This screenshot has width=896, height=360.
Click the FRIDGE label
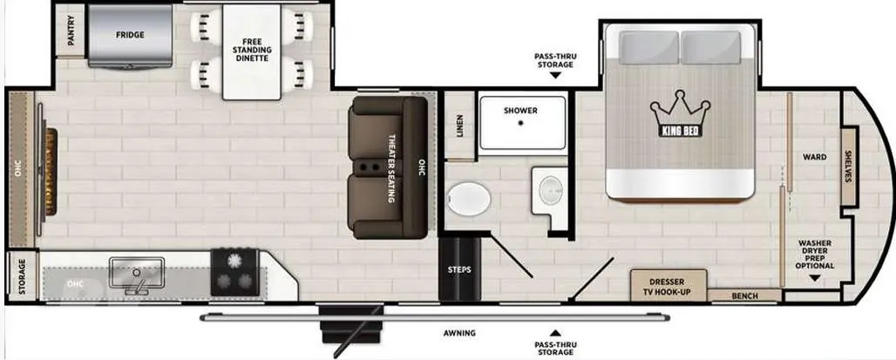(x=130, y=35)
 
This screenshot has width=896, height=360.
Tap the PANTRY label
(x=71, y=31)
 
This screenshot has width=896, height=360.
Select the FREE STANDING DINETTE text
(x=252, y=51)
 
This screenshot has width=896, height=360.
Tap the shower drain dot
(x=520, y=123)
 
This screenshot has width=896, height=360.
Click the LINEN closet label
(x=459, y=126)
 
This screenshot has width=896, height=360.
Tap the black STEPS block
(x=459, y=269)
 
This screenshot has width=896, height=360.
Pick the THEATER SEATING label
(x=392, y=168)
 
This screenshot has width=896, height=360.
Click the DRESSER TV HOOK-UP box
(x=669, y=284)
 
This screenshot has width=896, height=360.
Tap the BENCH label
(x=744, y=296)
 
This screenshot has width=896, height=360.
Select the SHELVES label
(x=848, y=166)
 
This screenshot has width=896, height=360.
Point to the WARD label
(x=814, y=157)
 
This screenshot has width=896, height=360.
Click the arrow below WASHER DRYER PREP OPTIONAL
(x=814, y=278)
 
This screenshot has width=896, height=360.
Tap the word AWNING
(x=459, y=333)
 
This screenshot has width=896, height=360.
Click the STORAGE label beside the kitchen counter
(x=22, y=276)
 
